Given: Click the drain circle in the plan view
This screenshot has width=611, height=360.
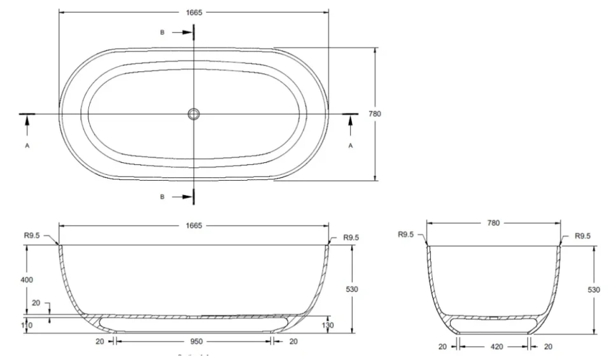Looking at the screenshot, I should pyautogui.click(x=194, y=114).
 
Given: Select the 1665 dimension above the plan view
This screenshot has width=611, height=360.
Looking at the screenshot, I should pyautogui.click(x=193, y=11).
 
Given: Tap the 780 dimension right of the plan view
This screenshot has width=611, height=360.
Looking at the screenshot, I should pyautogui.click(x=375, y=114).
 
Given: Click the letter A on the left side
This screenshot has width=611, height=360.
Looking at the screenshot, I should pyautogui.click(x=27, y=145).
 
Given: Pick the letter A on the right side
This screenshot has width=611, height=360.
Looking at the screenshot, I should pyautogui.click(x=350, y=145).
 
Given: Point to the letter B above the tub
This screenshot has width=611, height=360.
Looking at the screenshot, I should pyautogui.click(x=162, y=31).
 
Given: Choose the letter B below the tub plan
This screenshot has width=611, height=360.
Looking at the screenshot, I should pyautogui.click(x=162, y=197).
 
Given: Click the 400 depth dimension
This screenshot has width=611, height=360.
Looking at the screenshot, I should pyautogui.click(x=27, y=280).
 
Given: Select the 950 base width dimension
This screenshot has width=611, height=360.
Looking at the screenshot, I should pyautogui.click(x=193, y=341).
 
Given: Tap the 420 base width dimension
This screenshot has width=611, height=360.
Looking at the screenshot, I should pyautogui.click(x=493, y=347).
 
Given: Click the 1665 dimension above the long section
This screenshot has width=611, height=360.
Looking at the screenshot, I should pyautogui.click(x=193, y=225).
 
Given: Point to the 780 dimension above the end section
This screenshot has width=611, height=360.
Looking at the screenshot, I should pyautogui.click(x=493, y=223).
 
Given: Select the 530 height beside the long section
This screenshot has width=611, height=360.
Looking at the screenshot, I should pyautogui.click(x=351, y=289).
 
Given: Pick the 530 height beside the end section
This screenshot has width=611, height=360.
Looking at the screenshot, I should pyautogui.click(x=593, y=289).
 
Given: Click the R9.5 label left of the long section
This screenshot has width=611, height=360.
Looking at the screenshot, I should pyautogui.click(x=31, y=235).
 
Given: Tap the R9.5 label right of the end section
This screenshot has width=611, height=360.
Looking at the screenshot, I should pyautogui.click(x=582, y=236).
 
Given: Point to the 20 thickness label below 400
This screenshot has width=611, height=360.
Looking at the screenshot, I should pyautogui.click(x=36, y=303).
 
